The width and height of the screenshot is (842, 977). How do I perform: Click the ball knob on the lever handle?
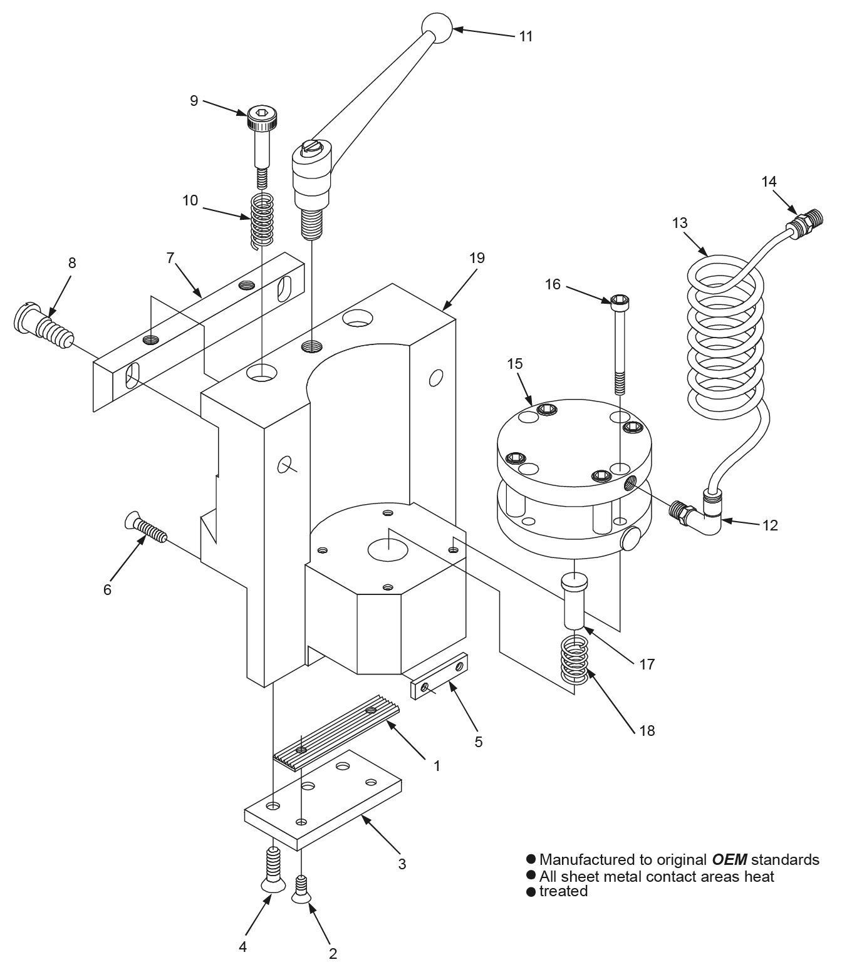(436, 28)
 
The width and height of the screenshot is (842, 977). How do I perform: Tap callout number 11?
(526, 36)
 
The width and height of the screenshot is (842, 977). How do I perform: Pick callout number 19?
(477, 258)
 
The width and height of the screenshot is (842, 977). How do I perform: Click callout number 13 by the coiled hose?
(680, 223)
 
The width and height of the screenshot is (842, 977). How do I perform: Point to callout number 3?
(402, 864)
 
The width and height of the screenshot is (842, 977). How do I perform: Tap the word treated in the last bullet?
(563, 891)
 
